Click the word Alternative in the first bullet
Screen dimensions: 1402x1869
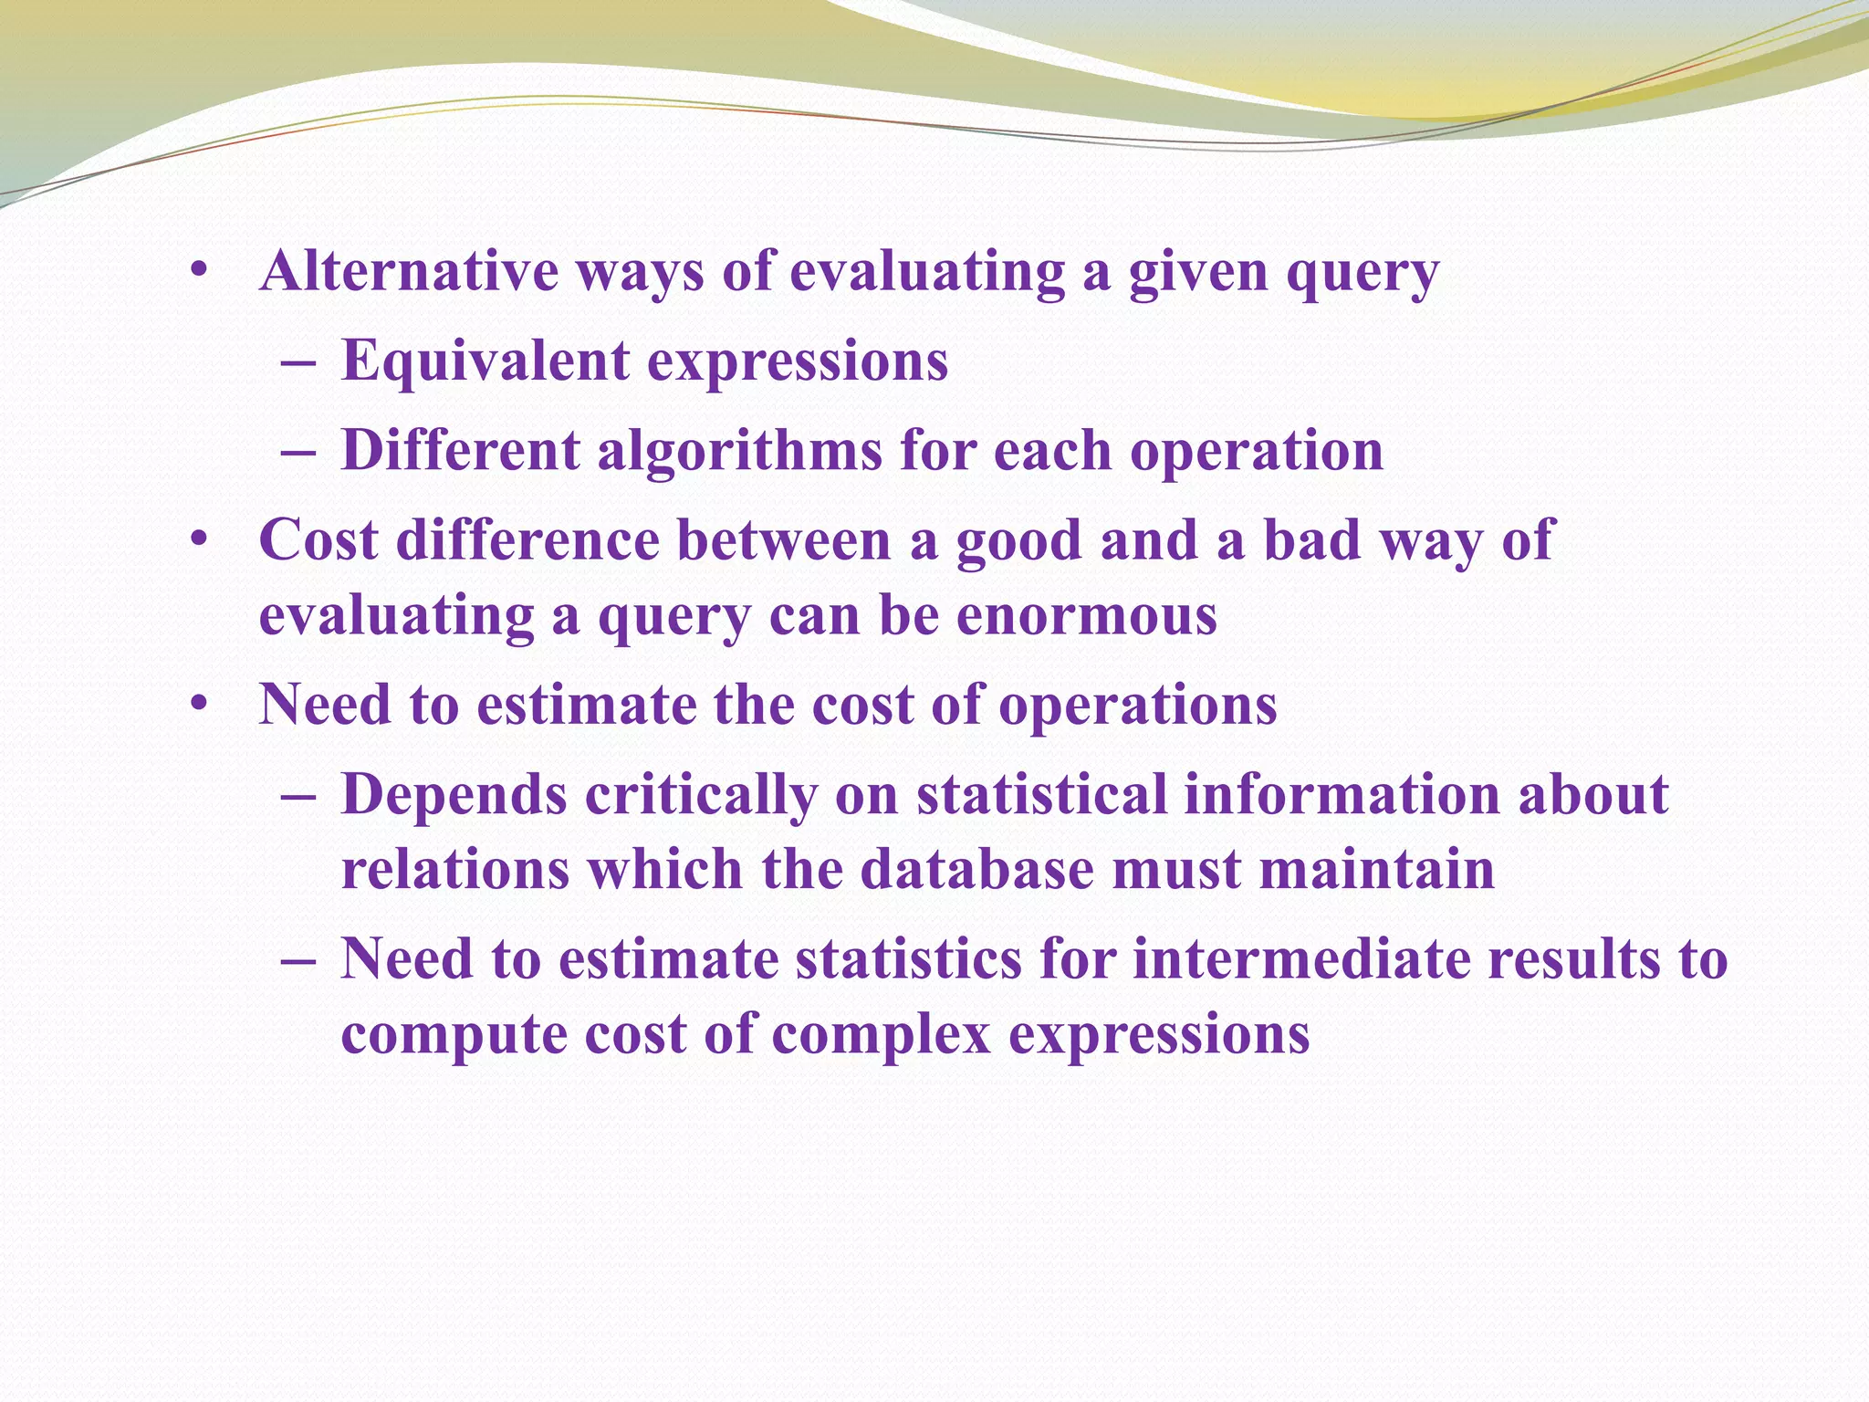pos(409,272)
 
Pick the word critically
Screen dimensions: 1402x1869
pos(701,795)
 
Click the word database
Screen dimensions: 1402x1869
pos(976,869)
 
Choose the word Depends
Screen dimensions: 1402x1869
pos(454,795)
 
